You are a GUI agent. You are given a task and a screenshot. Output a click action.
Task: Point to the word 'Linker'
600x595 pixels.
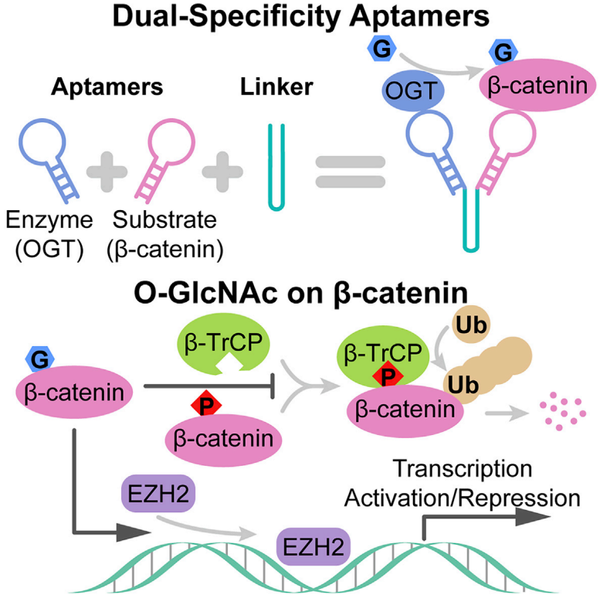276,87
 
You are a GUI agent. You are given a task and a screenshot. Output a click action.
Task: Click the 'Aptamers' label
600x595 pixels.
107,87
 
